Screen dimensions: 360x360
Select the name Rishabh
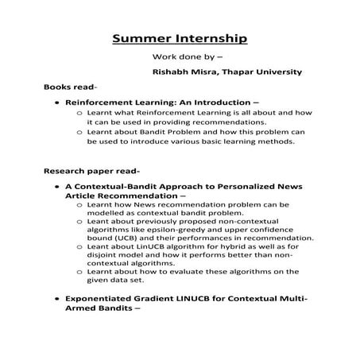175,72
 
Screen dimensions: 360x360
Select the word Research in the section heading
66,171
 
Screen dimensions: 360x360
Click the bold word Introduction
226,103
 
